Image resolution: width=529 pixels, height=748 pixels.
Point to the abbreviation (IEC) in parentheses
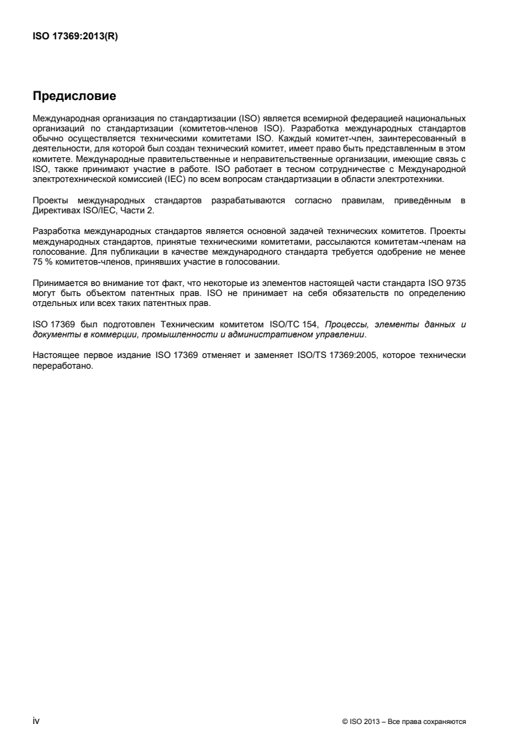tap(166, 179)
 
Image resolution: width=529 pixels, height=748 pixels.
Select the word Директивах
tap(57, 208)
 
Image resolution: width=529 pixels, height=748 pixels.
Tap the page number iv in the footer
tap(35, 721)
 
